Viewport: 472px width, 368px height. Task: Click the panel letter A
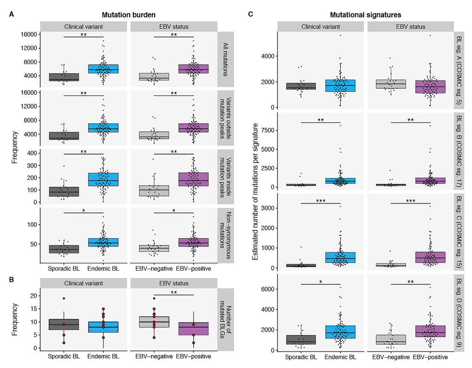pos(11,15)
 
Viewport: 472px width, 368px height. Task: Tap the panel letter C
pos(251,15)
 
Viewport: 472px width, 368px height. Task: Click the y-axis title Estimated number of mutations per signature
pos(256,191)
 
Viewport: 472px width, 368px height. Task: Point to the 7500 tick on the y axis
pos(265,130)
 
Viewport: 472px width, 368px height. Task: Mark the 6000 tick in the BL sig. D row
pos(265,289)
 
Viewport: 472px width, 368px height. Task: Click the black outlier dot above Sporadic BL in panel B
pos(63,298)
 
